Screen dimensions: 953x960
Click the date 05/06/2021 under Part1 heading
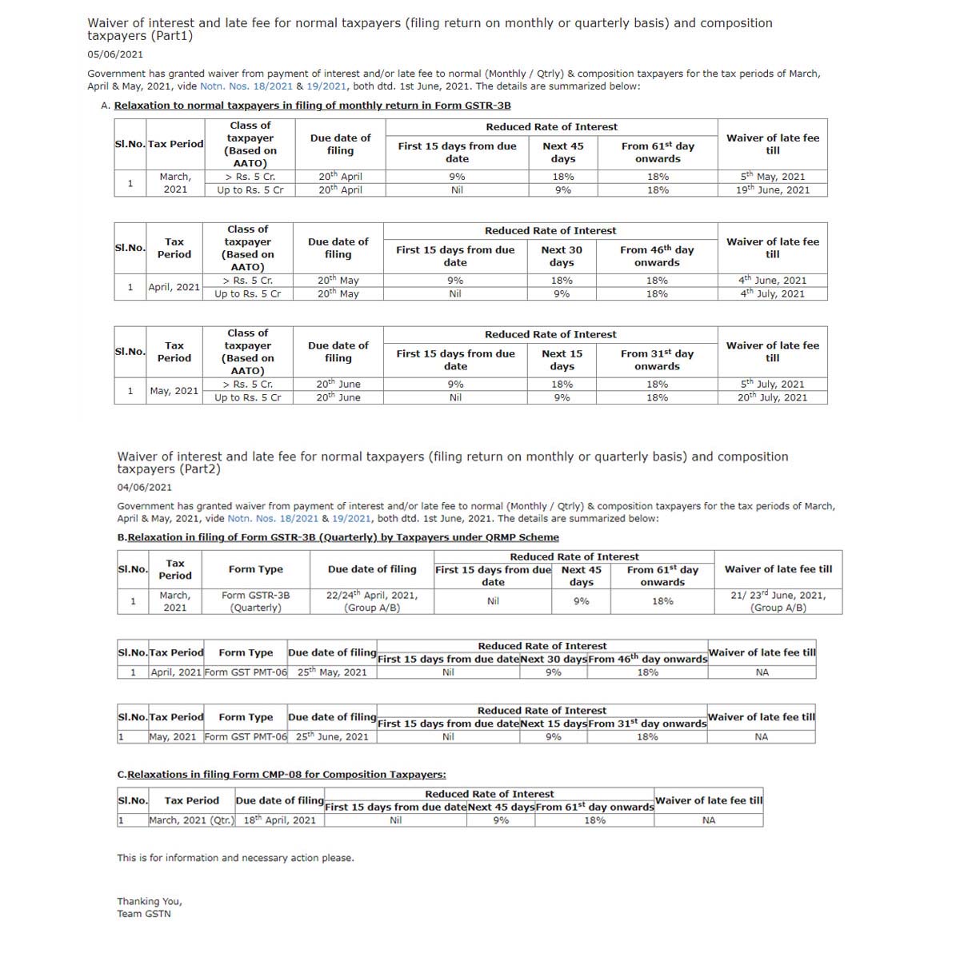(x=115, y=54)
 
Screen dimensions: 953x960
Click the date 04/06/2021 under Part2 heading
(x=144, y=487)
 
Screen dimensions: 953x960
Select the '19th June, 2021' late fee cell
(x=772, y=190)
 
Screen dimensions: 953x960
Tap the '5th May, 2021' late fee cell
(x=772, y=177)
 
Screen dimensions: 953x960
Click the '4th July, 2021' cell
(x=772, y=294)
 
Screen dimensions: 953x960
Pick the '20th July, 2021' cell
(x=772, y=397)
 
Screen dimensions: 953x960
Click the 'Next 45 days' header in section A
(x=562, y=152)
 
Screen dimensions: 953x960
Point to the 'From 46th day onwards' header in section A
(x=657, y=256)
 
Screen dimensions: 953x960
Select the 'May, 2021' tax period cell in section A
(x=174, y=391)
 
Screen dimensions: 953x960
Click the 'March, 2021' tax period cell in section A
(x=175, y=183)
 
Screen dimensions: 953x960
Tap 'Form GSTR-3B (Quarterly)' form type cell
(x=256, y=601)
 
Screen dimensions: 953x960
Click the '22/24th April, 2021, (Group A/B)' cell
(x=372, y=601)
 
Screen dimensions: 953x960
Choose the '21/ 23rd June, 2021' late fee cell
(x=778, y=601)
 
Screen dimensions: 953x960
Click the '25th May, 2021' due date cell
(x=332, y=672)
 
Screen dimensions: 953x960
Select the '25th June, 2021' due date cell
(x=332, y=737)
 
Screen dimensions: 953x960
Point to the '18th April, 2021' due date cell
(x=279, y=820)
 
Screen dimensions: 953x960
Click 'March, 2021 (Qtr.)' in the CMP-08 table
(x=192, y=820)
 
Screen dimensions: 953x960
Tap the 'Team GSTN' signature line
(x=144, y=914)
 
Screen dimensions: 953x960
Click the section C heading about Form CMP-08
(x=282, y=775)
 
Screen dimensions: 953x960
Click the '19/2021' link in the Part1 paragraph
(x=326, y=86)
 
